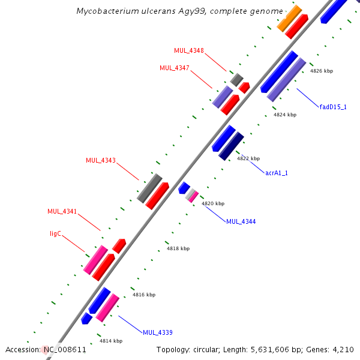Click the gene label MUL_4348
click(189, 50)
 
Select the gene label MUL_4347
click(175, 68)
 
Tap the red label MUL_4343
click(101, 160)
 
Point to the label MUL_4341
click(62, 211)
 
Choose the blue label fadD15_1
click(333, 107)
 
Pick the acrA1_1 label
click(277, 173)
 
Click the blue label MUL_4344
click(241, 222)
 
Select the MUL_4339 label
click(158, 332)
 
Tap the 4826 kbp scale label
click(321, 71)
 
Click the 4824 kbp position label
click(284, 115)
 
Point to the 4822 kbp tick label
click(248, 158)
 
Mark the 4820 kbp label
click(212, 203)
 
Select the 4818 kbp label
click(178, 248)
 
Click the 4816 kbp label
click(144, 295)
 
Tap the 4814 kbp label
click(110, 341)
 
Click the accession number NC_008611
click(64, 350)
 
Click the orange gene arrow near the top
click(289, 19)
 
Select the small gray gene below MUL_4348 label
click(236, 79)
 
